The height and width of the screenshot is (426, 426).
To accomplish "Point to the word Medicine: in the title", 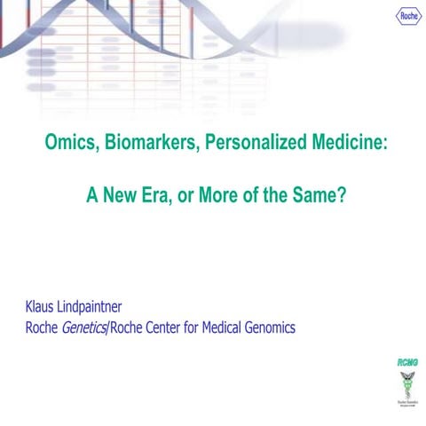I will click(340, 143).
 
